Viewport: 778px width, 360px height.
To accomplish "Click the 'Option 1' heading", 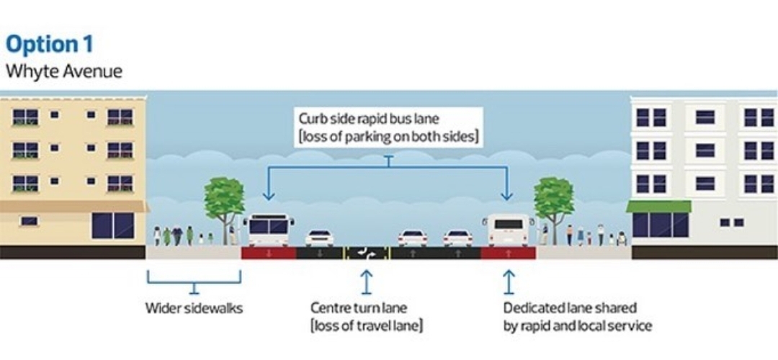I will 49,44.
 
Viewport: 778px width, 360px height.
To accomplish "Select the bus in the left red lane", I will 269,230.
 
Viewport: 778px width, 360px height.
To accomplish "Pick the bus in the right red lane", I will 509,230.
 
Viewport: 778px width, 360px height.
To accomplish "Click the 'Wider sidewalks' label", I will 194,309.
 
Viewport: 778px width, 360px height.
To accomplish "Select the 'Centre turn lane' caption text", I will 359,309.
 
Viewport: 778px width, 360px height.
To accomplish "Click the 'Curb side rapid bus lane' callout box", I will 389,127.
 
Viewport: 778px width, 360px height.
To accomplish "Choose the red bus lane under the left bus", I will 269,253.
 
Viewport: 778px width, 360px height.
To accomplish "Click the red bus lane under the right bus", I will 509,253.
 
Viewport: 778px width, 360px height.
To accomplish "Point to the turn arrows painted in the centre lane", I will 367,253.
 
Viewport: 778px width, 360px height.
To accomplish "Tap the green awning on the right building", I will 658,207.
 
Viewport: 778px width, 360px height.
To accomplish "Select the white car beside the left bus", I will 319,238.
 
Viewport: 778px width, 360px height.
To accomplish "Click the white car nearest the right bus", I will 457,238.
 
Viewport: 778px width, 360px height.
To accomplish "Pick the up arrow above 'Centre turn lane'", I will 367,282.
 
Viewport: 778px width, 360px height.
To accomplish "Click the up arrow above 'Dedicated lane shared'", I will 509,282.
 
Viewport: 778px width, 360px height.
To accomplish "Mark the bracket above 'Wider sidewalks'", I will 194,281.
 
